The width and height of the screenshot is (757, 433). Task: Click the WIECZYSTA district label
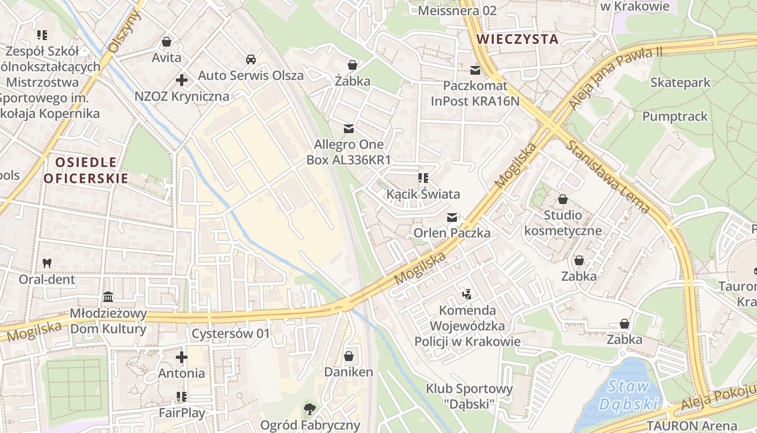518,39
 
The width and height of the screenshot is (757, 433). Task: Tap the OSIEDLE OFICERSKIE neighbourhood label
86,170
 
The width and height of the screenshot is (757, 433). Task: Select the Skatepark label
680,83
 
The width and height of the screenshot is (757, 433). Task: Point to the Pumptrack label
675,116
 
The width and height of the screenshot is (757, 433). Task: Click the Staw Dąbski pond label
628,395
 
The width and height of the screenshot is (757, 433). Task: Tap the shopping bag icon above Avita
167,42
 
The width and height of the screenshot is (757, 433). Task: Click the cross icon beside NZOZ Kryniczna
182,81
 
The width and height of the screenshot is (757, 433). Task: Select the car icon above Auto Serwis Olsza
250,59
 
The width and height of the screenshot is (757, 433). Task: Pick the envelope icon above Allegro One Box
349,129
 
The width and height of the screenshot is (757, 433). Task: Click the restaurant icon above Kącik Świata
423,178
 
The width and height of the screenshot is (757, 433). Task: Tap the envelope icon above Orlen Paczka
452,218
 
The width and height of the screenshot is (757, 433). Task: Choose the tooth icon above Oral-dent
47,264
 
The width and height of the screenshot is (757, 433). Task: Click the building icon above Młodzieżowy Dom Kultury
108,297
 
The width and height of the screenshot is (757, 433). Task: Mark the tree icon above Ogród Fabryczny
310,409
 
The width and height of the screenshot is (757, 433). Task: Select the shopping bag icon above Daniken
349,356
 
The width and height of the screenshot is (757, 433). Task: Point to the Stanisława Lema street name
608,176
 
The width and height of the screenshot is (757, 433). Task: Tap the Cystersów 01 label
230,333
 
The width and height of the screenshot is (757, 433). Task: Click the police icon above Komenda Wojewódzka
467,294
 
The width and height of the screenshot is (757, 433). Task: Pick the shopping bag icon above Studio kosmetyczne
563,199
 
